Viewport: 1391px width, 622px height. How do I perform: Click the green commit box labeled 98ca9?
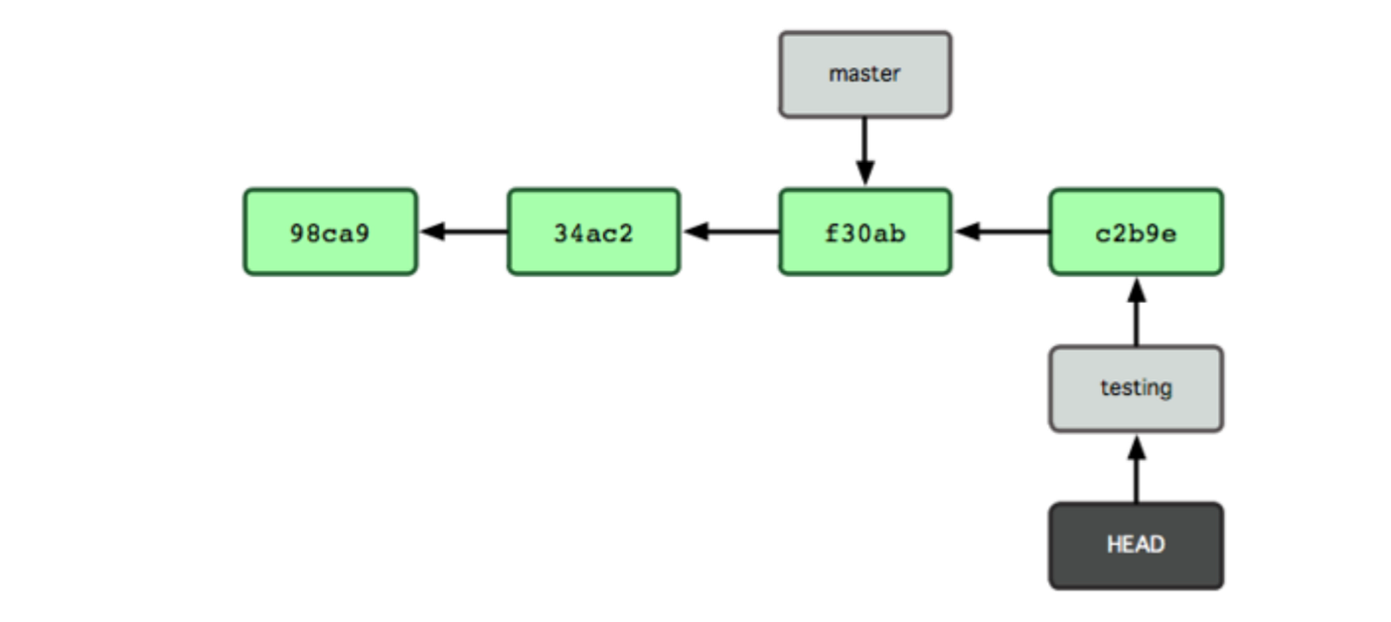click(330, 232)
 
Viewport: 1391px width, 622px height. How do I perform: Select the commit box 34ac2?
click(593, 232)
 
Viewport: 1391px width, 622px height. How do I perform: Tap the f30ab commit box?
click(864, 232)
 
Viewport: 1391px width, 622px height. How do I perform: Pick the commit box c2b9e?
click(1136, 232)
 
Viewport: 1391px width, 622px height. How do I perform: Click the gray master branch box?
click(864, 75)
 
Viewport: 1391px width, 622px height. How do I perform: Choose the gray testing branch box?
click(1136, 389)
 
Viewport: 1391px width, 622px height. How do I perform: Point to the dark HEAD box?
click(1136, 545)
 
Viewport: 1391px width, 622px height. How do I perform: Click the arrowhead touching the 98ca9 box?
click(431, 232)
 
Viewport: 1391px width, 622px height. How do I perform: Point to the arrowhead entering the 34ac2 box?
click(695, 232)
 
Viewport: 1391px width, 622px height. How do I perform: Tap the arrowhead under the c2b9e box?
click(1137, 289)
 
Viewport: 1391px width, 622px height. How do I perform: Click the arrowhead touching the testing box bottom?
click(1137, 446)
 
